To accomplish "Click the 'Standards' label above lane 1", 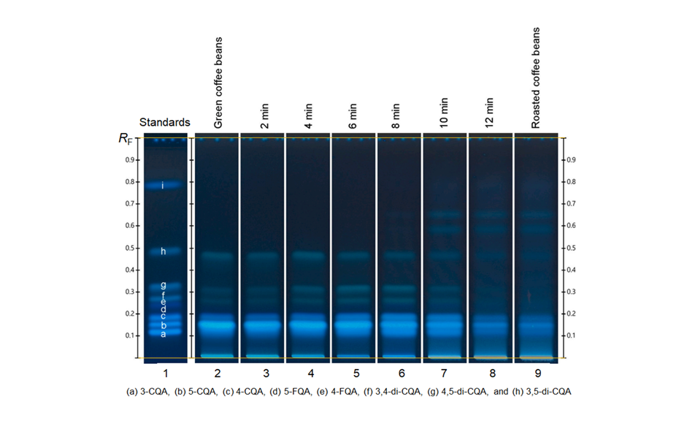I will click(165, 122).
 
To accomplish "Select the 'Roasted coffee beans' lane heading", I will click(537, 78).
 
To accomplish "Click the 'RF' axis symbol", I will click(126, 137).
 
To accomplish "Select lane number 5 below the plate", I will click(354, 372).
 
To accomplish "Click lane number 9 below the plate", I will click(537, 372).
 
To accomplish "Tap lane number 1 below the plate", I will click(165, 372).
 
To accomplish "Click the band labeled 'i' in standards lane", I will click(163, 186).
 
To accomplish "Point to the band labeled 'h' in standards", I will click(163, 251).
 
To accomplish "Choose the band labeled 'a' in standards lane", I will click(163, 333).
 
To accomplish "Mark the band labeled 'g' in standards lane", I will click(163, 285).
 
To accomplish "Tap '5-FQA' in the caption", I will click(294, 392).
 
